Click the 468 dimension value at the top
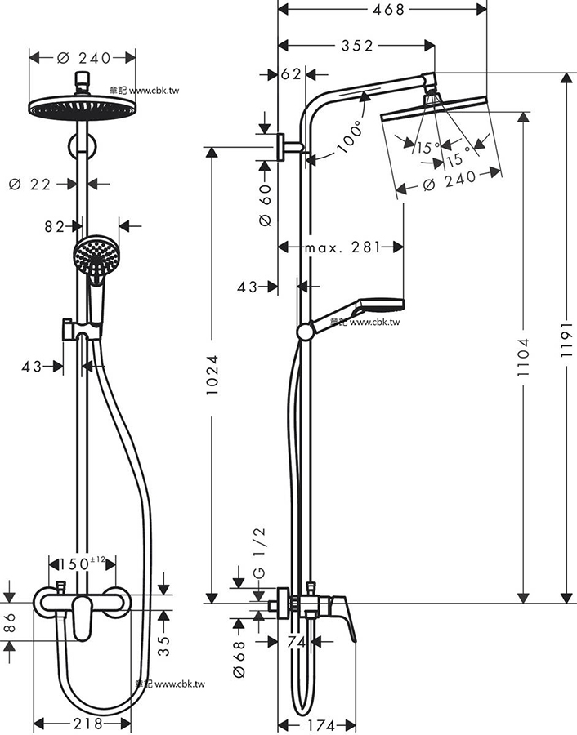388,9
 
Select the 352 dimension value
357,45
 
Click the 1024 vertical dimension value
212,375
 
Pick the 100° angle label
351,136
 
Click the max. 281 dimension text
343,247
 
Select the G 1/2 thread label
259,553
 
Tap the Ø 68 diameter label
239,658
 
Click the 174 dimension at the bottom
323,726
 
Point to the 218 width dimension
87,724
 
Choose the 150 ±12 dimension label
82,563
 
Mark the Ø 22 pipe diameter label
29,185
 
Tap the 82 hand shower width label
54,227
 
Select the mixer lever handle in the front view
83,617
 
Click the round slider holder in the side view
306,332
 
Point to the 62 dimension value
291,74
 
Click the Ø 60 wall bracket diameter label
265,205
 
